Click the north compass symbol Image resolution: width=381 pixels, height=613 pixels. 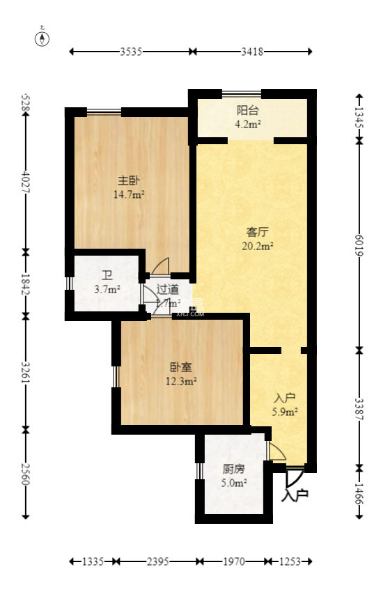point(43,38)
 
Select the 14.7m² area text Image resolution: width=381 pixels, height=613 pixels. point(128,195)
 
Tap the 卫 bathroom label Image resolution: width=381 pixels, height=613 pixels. point(107,274)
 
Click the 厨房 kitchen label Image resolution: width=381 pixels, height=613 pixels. point(233,469)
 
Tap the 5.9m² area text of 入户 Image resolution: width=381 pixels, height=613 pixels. point(285,412)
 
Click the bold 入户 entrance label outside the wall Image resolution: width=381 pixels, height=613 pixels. point(295,496)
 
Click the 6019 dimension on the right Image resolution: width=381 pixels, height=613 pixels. point(359,244)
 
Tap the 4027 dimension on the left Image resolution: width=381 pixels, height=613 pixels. point(26,183)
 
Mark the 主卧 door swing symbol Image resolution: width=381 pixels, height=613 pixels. point(161,266)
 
